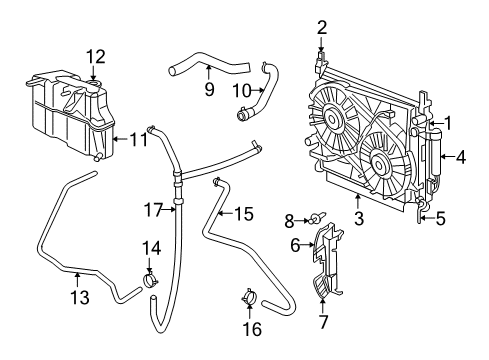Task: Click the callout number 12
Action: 95,56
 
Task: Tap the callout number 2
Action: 322,27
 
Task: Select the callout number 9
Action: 209,89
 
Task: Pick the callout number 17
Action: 151,209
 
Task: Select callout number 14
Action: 150,247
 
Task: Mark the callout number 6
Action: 296,244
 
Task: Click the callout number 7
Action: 323,322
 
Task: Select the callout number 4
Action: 460,156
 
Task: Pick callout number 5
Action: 441,216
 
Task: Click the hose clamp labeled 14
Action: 151,280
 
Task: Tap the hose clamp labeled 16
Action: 249,297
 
